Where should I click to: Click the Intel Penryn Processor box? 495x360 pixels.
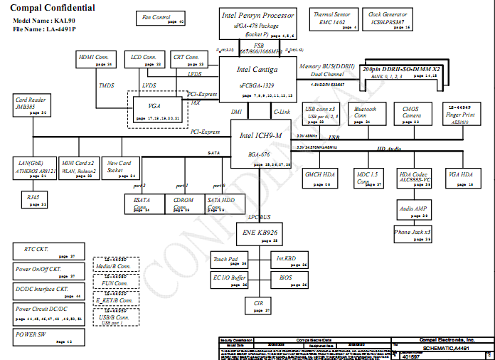click(257, 23)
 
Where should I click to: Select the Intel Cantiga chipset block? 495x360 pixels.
click(257, 78)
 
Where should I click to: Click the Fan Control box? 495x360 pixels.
click(159, 18)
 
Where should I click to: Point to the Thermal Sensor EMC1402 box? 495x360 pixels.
click(331, 19)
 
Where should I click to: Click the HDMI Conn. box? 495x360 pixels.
click(96, 60)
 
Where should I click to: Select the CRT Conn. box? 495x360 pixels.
click(189, 60)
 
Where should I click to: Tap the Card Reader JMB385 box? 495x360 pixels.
click(31, 106)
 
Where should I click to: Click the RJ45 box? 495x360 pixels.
click(33, 199)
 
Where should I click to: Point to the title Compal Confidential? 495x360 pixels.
click(53, 8)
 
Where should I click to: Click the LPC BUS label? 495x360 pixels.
click(258, 216)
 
